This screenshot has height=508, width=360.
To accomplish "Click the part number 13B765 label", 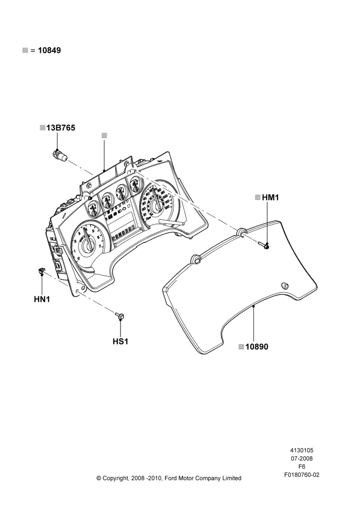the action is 61,128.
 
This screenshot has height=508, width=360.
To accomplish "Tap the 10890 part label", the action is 257,346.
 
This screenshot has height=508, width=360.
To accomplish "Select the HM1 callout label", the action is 271,197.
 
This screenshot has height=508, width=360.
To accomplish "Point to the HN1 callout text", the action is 42,299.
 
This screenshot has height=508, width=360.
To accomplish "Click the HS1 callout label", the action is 121,341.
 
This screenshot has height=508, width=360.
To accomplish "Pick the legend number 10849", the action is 49,50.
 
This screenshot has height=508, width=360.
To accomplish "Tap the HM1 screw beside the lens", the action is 264,246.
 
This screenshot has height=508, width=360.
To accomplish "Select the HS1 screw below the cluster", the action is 119,315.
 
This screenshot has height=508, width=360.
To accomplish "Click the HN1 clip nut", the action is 41,271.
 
